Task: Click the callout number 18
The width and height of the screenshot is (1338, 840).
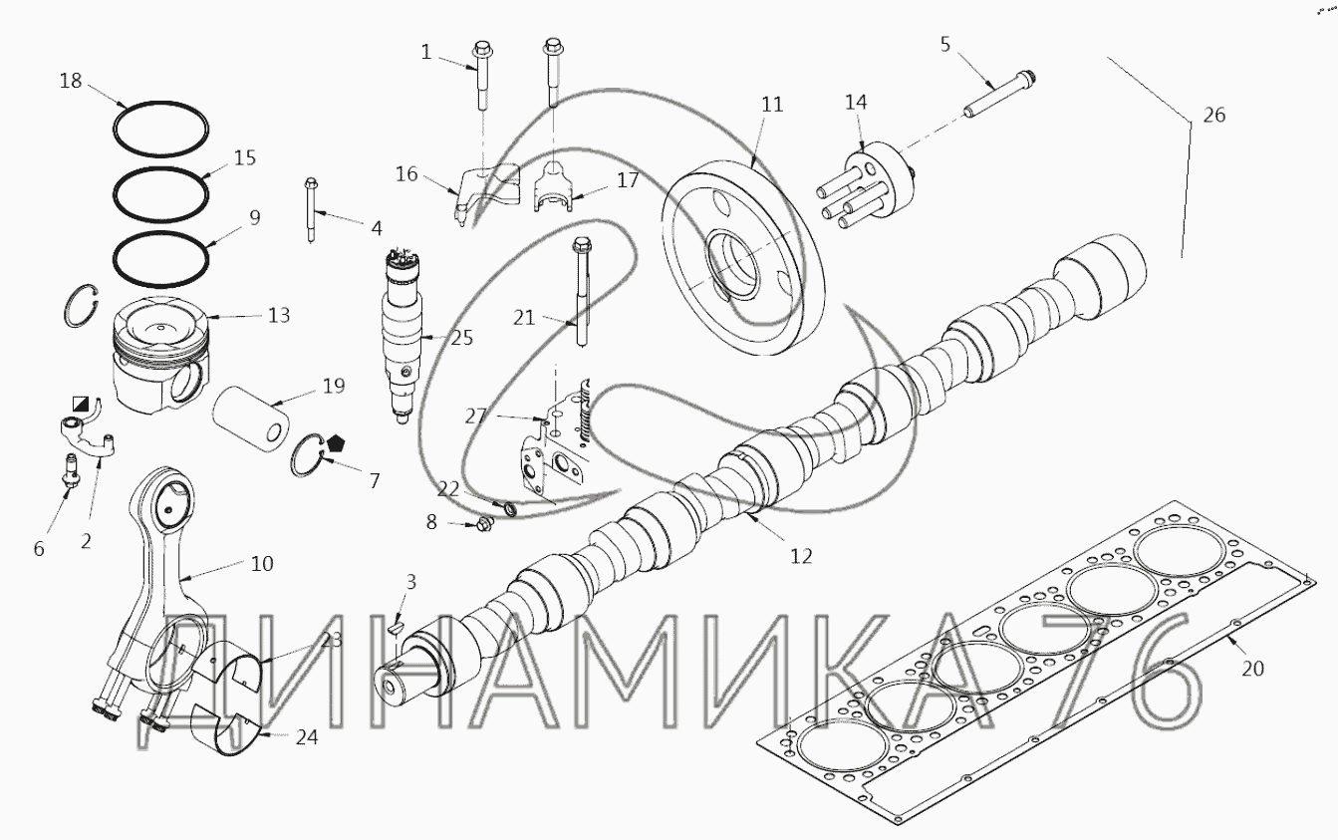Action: click(x=71, y=81)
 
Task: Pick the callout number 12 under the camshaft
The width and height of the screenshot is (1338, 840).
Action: click(x=801, y=556)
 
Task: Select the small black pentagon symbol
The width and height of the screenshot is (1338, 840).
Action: click(x=334, y=444)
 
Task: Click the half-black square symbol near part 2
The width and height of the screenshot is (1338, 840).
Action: click(x=80, y=405)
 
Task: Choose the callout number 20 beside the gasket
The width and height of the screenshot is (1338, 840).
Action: click(x=1252, y=669)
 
